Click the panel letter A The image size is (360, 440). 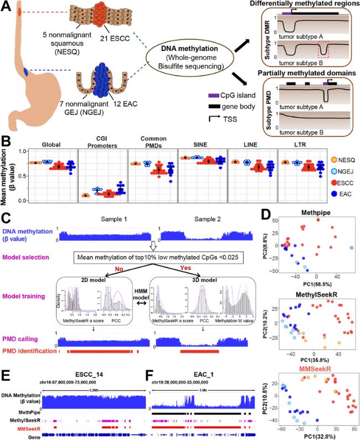click(x=8, y=7)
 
